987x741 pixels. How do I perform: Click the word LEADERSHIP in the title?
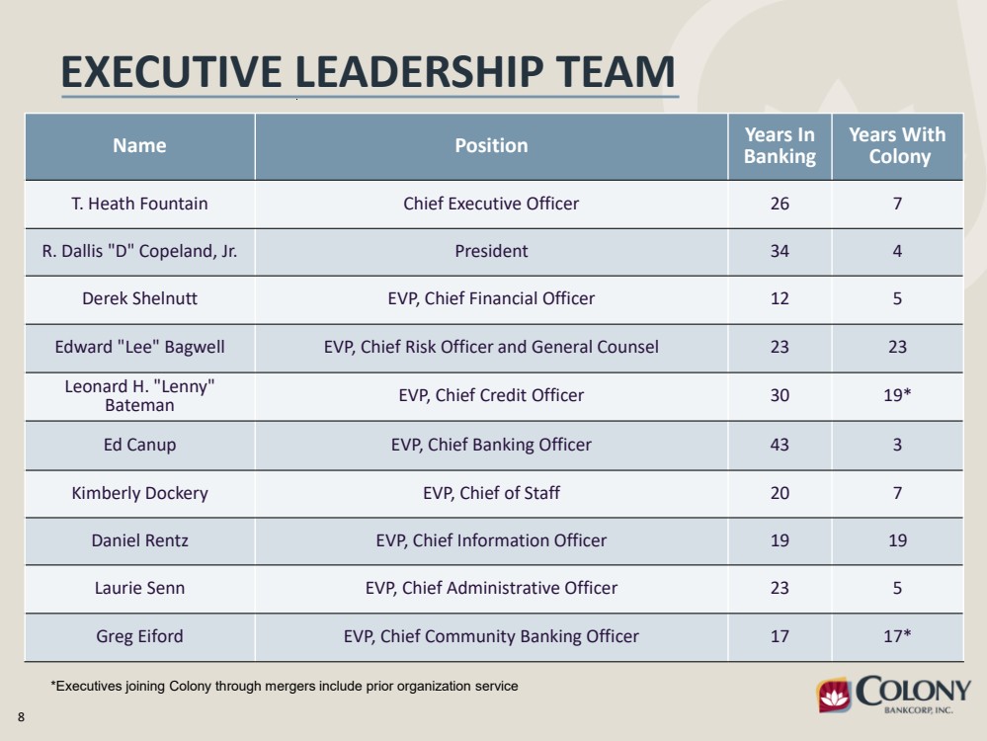click(x=419, y=72)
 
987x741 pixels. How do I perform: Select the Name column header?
click(x=139, y=145)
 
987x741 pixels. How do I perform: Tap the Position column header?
click(x=492, y=145)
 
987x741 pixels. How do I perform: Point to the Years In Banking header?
click(x=780, y=145)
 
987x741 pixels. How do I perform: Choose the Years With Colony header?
click(x=898, y=145)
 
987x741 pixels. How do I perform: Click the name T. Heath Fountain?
click(x=139, y=204)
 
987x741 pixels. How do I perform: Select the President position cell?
click(x=492, y=251)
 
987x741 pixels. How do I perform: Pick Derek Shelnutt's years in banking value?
click(x=780, y=298)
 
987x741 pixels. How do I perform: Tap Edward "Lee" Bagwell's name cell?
click(x=139, y=347)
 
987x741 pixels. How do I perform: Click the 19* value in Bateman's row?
click(x=898, y=395)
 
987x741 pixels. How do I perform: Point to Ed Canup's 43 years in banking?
click(x=780, y=445)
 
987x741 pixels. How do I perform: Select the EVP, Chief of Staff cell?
click(x=492, y=493)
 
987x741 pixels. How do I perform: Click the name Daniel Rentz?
click(x=139, y=540)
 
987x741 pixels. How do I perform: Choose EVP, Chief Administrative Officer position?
click(x=492, y=588)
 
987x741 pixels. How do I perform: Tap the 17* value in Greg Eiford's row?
click(x=898, y=636)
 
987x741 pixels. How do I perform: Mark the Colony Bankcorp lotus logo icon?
click(x=834, y=695)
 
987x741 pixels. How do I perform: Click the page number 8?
click(x=22, y=717)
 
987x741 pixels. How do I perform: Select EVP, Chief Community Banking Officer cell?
click(x=492, y=636)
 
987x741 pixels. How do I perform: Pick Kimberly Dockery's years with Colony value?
click(x=898, y=493)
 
